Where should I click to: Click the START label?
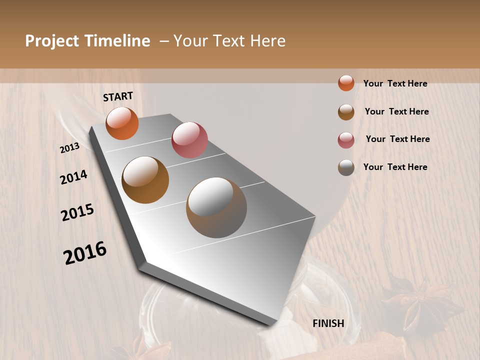tap(118, 96)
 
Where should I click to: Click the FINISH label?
tap(328, 323)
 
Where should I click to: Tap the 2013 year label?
tap(70, 148)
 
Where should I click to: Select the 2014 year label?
tap(74, 177)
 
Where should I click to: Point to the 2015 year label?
tap(77, 212)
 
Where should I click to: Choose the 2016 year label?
tap(85, 253)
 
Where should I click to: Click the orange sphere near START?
tap(122, 123)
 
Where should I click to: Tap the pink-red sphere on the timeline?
tap(189, 139)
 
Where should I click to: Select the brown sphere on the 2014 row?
tap(145, 180)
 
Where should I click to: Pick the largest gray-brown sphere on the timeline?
tap(216, 207)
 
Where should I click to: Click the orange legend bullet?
tap(346, 83)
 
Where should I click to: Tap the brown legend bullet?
tap(346, 112)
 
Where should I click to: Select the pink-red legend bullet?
tap(346, 140)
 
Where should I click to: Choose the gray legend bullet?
tap(346, 167)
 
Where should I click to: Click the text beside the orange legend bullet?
tap(395, 83)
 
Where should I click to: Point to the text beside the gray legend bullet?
tap(395, 167)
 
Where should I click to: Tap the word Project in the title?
tap(52, 41)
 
